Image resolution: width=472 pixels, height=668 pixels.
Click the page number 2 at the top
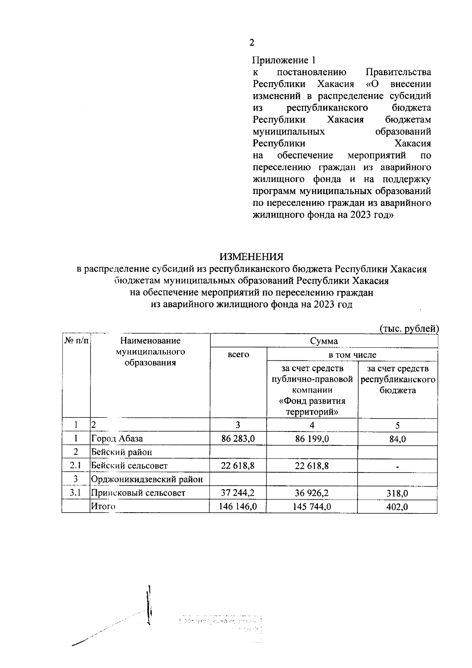[x=252, y=43]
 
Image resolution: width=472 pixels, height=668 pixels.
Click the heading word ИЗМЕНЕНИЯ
[x=251, y=257]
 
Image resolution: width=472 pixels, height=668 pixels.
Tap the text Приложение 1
[x=284, y=60]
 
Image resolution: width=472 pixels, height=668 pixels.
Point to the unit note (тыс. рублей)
[x=409, y=328]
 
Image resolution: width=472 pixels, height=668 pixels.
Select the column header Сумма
[x=324, y=341]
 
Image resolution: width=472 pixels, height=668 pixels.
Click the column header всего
[x=238, y=354]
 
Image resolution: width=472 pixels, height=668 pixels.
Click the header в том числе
[x=352, y=354]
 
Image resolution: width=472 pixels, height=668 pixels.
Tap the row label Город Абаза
[x=117, y=439]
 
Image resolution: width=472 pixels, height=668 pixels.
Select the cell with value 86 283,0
[x=238, y=439]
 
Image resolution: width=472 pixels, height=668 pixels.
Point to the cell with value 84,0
[x=397, y=439]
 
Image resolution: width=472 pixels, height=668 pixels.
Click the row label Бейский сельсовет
[x=129, y=466]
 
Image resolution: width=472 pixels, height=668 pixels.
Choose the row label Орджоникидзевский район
[x=147, y=479]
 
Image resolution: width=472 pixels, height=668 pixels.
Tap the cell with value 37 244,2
[x=238, y=493]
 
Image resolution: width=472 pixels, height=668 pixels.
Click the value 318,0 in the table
[x=397, y=493]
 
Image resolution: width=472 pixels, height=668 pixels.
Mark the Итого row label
[x=103, y=506]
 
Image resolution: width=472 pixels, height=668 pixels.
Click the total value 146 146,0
[x=238, y=507]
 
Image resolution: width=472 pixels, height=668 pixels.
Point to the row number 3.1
[x=76, y=493]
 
